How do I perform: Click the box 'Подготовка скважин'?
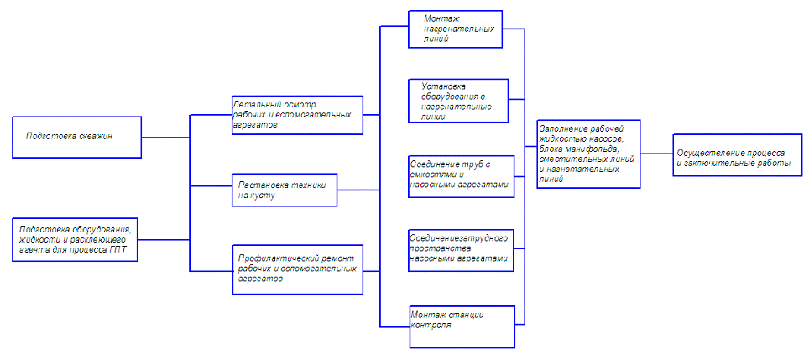77,136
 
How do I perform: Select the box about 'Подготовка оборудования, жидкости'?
77,240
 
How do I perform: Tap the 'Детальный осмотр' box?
297,114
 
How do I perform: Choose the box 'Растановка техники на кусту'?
284,190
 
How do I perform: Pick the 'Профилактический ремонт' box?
297,269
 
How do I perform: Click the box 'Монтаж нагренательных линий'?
455,29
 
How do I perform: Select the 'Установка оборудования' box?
459,101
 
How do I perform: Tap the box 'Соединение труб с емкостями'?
460,176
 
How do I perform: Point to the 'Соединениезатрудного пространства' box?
460,249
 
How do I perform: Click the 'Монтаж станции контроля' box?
461,326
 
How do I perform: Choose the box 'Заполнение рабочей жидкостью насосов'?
587,154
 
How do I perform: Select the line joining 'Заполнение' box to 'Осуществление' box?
655,154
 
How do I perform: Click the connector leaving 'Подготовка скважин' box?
164,136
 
